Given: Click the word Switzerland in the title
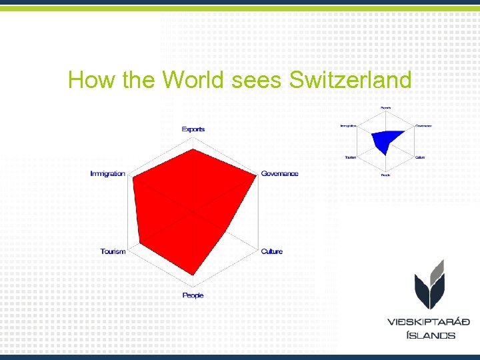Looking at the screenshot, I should point(351,81).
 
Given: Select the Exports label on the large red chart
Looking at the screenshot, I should point(193,129).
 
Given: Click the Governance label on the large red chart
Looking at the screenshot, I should point(280,173).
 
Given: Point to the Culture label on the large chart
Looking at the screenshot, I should point(272,251).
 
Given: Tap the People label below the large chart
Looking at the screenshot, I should point(193,295).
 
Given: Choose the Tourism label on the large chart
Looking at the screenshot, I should point(113,251).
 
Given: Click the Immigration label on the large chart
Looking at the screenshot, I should point(108,173).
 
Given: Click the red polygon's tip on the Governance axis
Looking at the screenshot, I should point(257,176).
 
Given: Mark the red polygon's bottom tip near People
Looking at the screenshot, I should point(193,275).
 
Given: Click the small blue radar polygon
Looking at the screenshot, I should point(385,140).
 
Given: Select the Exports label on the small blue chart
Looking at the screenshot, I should point(385,108).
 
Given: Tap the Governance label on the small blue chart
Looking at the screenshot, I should point(423,125).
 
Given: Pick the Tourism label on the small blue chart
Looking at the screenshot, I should point(350,157).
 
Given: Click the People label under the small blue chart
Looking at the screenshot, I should point(385,175).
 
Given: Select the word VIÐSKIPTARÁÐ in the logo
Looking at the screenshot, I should point(429,322).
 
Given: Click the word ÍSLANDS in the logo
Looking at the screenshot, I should point(431,335).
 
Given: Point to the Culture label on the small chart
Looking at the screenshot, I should point(420,157).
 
